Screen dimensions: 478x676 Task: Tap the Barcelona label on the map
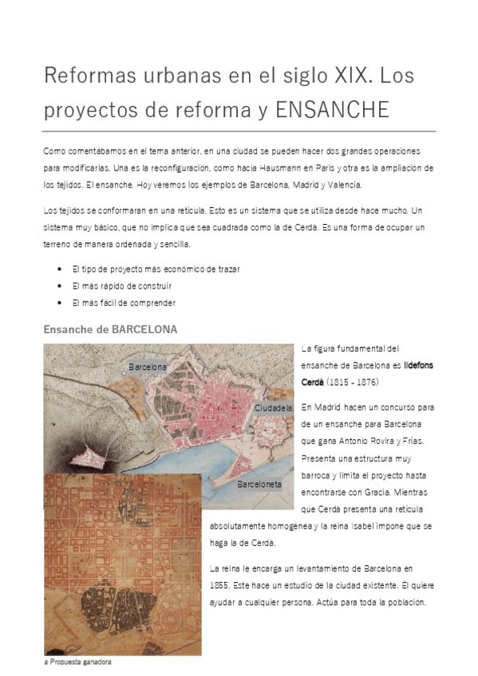(x=148, y=367)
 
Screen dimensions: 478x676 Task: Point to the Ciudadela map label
(x=273, y=407)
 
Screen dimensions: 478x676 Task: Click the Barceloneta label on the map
(x=259, y=484)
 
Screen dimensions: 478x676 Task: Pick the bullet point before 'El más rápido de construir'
(x=62, y=286)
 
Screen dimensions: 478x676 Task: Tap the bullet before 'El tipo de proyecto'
(x=62, y=269)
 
